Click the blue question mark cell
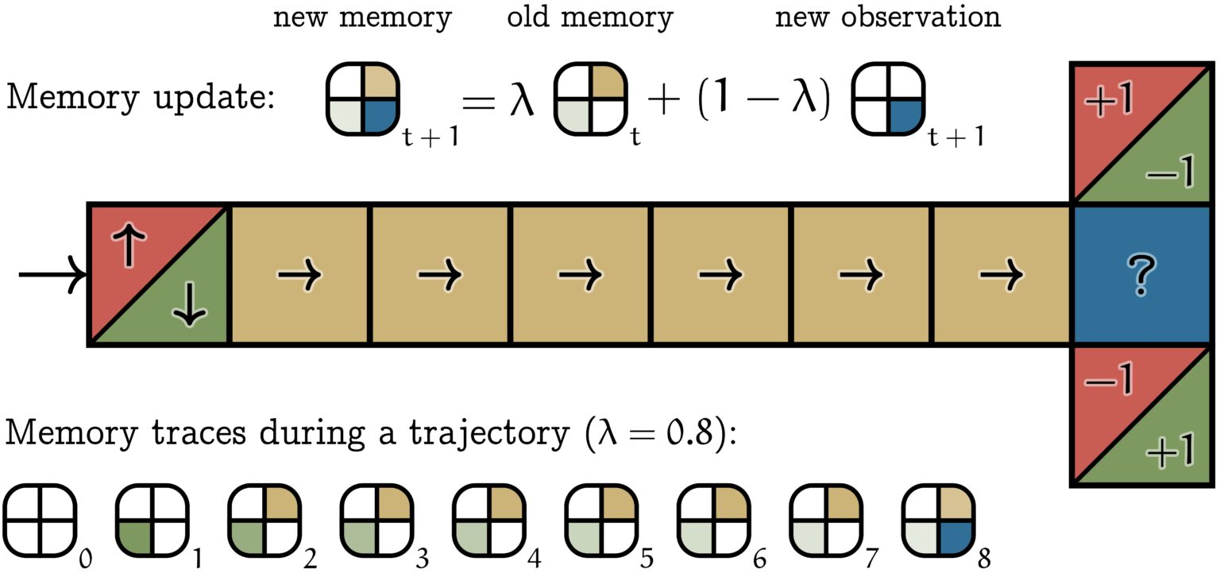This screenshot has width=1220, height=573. click(x=1143, y=274)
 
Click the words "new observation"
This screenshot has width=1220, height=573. click(x=887, y=18)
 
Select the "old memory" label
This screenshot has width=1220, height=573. click(x=589, y=18)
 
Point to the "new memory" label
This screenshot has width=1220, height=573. click(x=362, y=18)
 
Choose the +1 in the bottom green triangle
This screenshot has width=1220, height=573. click(x=1170, y=455)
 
